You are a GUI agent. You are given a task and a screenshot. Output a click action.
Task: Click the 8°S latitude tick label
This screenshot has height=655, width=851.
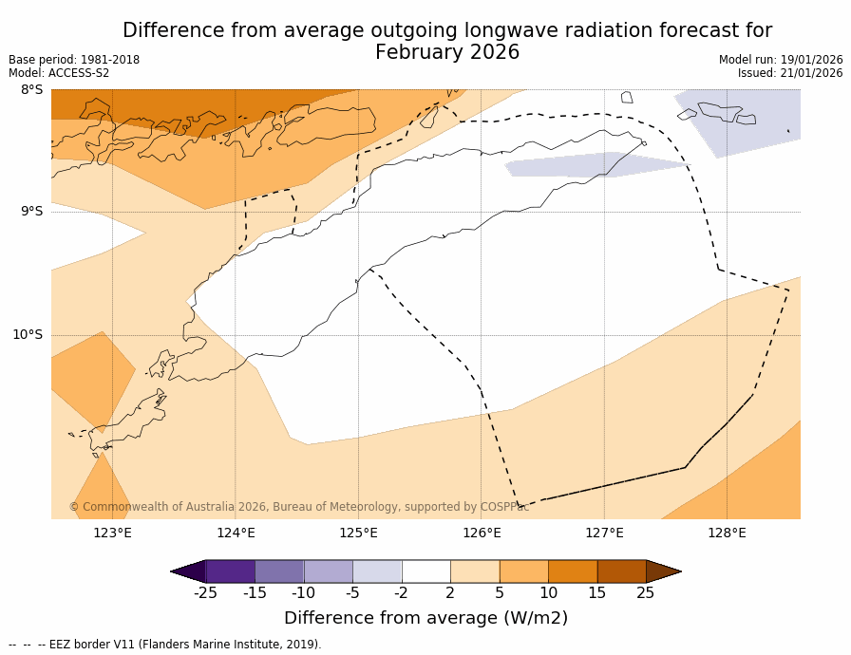click(x=31, y=90)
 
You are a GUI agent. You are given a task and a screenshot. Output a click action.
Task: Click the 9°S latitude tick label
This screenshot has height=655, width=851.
click(x=31, y=212)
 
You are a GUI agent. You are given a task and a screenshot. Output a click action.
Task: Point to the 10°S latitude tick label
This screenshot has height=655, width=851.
click(x=28, y=334)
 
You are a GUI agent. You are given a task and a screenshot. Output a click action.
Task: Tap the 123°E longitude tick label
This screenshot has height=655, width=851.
click(x=112, y=533)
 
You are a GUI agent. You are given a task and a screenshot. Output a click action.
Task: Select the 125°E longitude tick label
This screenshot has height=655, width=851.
click(x=358, y=533)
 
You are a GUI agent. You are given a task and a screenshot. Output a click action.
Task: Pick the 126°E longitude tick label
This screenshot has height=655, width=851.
click(x=482, y=533)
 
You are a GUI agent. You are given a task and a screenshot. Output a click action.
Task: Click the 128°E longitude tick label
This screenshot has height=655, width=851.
click(x=727, y=533)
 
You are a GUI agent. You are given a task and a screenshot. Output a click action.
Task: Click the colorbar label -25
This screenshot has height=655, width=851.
click(x=205, y=593)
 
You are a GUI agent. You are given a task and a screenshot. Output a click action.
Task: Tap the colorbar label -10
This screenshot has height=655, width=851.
click(x=303, y=593)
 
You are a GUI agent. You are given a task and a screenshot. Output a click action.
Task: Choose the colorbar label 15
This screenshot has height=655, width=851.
click(x=596, y=593)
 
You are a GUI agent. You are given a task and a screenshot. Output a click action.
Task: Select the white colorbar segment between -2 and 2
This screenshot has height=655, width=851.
click(x=425, y=571)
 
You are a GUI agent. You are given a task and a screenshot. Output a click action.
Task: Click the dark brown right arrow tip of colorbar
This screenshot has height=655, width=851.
click(x=665, y=571)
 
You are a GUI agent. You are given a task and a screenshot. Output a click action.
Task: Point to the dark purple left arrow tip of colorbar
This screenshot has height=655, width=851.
click(x=187, y=571)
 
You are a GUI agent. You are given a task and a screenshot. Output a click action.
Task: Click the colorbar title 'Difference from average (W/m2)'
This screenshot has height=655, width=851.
click(x=425, y=618)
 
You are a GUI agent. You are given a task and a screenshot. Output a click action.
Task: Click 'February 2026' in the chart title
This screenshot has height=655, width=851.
click(x=447, y=52)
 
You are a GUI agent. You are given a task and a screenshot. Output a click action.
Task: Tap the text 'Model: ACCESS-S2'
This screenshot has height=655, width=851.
click(x=59, y=73)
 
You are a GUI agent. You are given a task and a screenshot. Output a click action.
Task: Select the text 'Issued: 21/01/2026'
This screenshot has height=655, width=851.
click(x=790, y=73)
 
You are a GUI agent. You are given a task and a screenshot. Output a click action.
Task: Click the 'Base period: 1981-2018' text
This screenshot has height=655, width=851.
click(x=74, y=60)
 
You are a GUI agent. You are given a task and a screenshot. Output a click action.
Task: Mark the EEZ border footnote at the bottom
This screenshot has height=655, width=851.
click(x=165, y=645)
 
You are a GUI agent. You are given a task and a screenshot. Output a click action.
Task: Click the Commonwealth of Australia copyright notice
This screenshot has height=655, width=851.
click(x=298, y=507)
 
